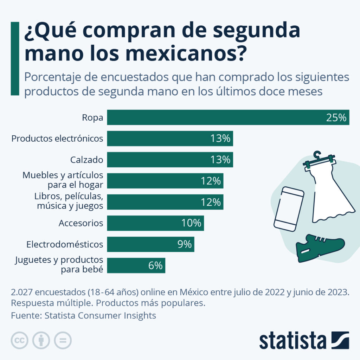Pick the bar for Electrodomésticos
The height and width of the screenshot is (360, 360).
pos(150,244)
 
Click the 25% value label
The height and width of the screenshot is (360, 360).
pos(336,118)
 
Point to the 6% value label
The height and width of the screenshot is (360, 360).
pos(155,266)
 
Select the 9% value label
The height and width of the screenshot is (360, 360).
pos(184,244)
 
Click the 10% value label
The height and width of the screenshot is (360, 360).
pos(191,223)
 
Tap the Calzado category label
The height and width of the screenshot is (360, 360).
pos(86,160)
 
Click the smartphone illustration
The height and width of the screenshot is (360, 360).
pos(289,209)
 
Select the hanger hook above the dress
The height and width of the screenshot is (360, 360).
pos(318,155)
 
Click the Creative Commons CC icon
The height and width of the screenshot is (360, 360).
pos(20,340)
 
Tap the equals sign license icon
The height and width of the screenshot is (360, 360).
pos(63,340)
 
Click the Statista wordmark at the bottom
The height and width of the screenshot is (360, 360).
pos(292,341)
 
